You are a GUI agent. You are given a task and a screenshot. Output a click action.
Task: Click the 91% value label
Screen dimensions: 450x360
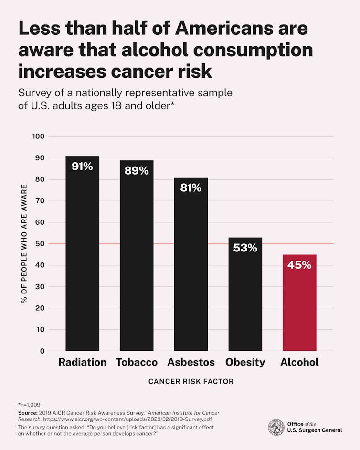[82, 167]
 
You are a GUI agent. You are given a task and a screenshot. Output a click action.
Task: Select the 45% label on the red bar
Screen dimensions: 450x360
[299, 265]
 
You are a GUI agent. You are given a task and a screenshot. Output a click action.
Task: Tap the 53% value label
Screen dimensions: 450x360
[245, 248]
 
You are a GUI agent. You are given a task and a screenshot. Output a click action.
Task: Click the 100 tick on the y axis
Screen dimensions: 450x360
[39, 136]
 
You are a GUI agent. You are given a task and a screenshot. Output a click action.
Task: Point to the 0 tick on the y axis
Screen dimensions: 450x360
[42, 351]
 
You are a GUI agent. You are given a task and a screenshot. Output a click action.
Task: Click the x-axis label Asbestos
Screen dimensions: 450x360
[191, 362]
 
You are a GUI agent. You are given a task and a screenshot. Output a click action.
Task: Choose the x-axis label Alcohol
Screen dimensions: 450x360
[299, 362]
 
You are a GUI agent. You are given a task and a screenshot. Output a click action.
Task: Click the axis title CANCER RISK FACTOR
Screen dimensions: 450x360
[191, 382]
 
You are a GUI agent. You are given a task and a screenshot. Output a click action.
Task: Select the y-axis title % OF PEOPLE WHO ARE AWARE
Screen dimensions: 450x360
[24, 244]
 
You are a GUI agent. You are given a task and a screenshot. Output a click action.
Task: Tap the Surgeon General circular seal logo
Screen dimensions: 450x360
[276, 427]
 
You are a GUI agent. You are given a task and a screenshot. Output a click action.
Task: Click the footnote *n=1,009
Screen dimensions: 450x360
[29, 404]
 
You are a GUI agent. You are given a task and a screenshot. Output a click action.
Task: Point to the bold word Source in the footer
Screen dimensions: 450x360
[28, 412]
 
